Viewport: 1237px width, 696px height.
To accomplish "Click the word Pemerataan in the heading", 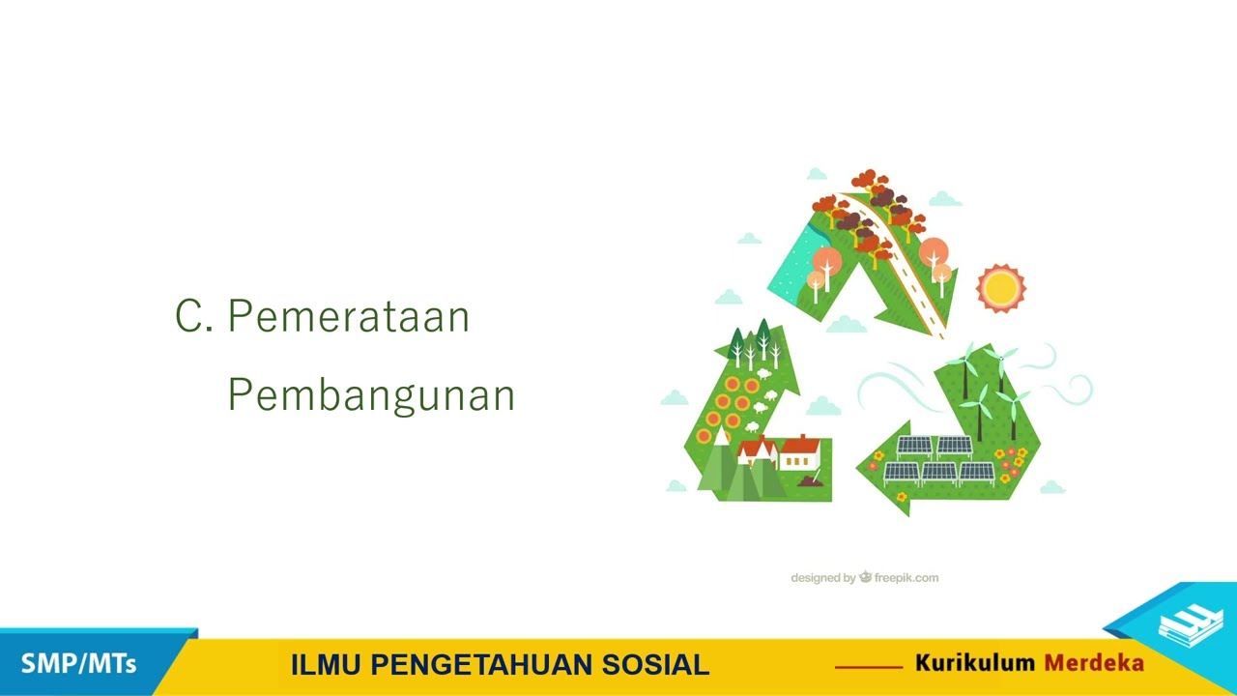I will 349,317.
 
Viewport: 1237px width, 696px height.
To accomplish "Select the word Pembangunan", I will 371,395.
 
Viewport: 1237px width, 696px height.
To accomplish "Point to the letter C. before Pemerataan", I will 193,317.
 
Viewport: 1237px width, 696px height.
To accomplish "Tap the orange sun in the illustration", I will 999,287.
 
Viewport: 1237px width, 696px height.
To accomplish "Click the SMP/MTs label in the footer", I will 78,664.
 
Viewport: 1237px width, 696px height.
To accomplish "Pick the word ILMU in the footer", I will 327,665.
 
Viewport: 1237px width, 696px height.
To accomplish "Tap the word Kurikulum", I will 975,663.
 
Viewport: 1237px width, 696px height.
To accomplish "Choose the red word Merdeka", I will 1094,663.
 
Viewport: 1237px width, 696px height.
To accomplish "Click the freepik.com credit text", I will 906,578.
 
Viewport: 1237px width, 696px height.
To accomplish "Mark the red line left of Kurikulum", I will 868,666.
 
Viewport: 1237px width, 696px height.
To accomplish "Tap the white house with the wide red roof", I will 800,452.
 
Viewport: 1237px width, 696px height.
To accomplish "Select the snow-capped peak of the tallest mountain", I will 721,438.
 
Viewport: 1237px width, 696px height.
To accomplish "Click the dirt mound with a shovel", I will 810,480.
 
